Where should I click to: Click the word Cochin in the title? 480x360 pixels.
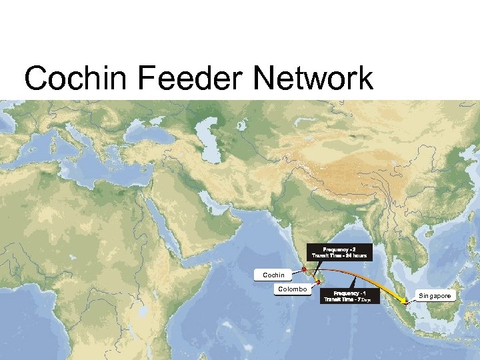click(75, 79)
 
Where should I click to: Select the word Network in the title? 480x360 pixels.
click(313, 79)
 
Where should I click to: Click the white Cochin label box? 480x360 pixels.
click(273, 275)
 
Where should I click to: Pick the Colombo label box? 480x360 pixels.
click(292, 289)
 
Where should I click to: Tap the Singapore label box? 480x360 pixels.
click(435, 295)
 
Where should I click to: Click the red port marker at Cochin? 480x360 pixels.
click(303, 269)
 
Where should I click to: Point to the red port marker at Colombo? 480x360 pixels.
click(318, 283)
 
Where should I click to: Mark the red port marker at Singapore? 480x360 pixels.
click(405, 303)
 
